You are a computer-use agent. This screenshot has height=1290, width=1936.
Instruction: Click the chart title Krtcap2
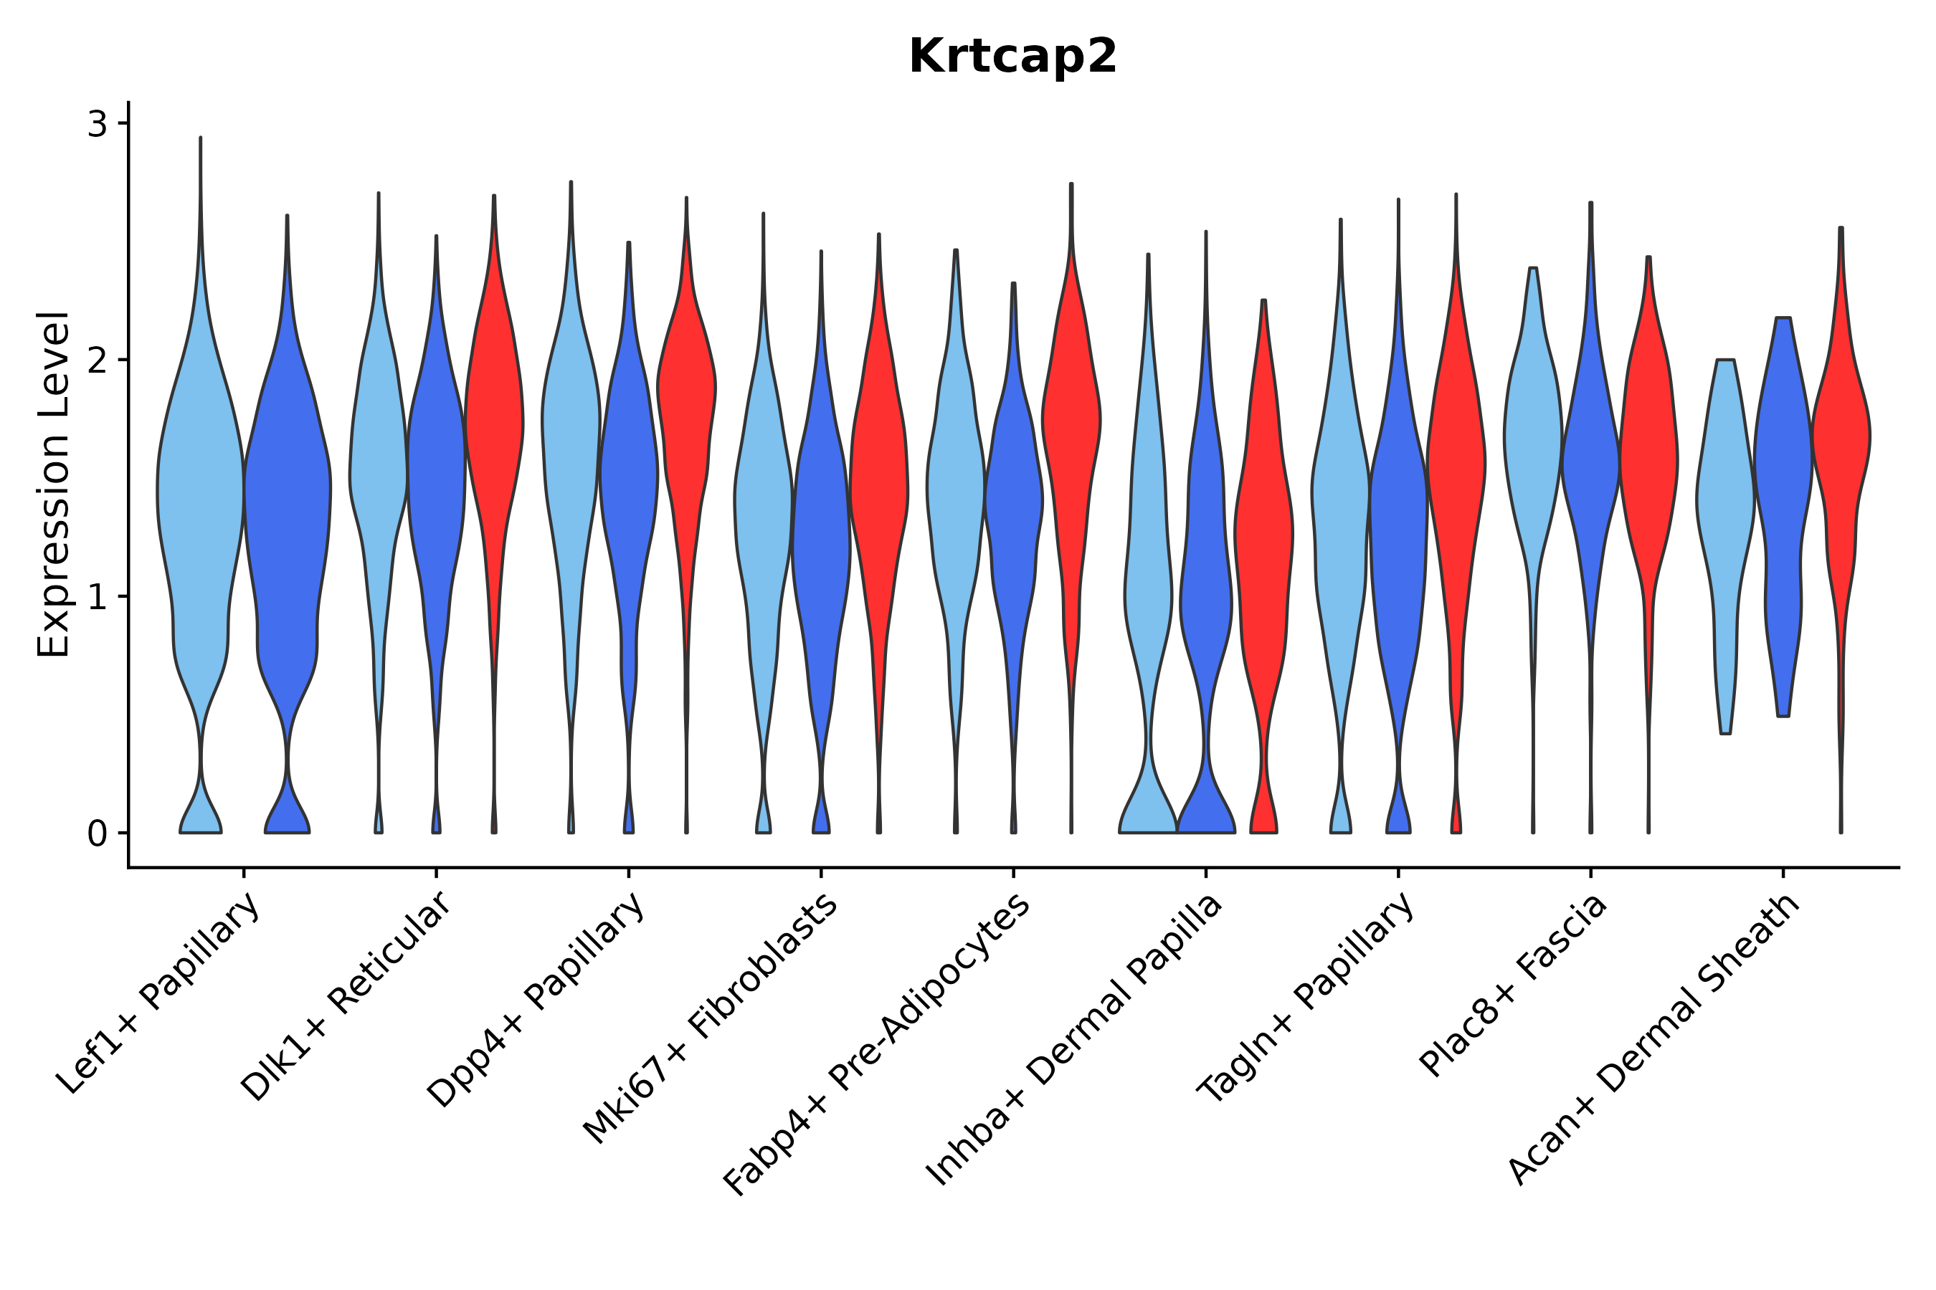pos(1012,57)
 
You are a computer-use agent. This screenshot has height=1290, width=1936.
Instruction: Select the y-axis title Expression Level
pos(54,484)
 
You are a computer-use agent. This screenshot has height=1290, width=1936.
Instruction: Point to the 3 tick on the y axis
pos(97,124)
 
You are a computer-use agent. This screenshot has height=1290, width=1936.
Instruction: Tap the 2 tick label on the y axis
pos(97,361)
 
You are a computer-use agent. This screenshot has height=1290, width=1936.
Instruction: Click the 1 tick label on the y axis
pos(97,597)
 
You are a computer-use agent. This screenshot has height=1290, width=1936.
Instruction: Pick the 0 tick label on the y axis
pos(97,834)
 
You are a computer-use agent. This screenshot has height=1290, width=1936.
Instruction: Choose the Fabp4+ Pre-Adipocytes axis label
pos(878,1045)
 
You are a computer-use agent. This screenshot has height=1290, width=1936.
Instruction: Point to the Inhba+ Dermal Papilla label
pos(1075,1041)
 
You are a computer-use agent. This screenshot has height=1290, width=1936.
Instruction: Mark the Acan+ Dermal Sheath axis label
pos(1654,1041)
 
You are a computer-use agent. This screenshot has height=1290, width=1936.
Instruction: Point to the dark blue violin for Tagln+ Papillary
pos(1398,535)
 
